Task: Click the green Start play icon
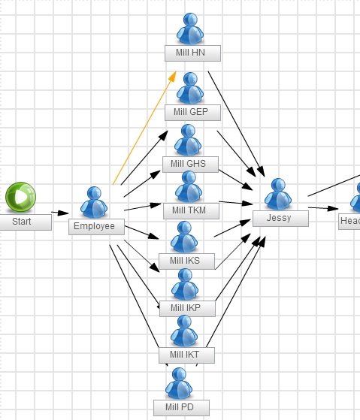pyautogui.click(x=20, y=197)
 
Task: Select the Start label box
pyautogui.click(x=26, y=222)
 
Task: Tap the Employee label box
pyautogui.click(x=96, y=227)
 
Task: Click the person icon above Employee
pyautogui.click(x=94, y=202)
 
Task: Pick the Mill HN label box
pyautogui.click(x=192, y=53)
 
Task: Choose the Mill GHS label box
pyautogui.click(x=190, y=165)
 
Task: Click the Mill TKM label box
pyautogui.click(x=191, y=211)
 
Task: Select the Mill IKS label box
pyautogui.click(x=186, y=261)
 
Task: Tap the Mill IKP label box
pyautogui.click(x=187, y=309)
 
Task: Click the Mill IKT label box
pyautogui.click(x=186, y=355)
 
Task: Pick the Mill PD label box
pyautogui.click(x=181, y=408)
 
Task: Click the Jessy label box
pyautogui.click(x=281, y=219)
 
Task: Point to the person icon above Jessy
pyautogui.click(x=278, y=194)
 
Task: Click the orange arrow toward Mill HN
pyautogui.click(x=144, y=128)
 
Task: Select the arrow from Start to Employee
pyautogui.click(x=59, y=213)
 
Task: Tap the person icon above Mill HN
pyautogui.click(x=190, y=29)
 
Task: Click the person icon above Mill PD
pyautogui.click(x=179, y=383)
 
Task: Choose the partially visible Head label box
pyautogui.click(x=349, y=221)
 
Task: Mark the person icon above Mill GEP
pyautogui.click(x=190, y=88)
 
